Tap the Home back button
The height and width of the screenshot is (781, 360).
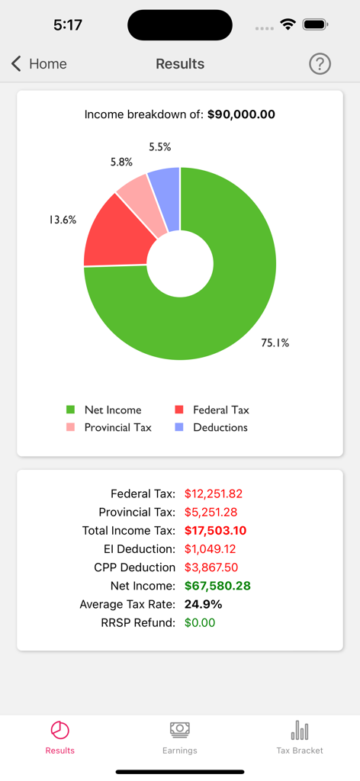click(x=39, y=64)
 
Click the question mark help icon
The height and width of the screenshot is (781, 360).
click(x=320, y=64)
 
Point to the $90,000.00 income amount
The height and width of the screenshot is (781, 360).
click(x=241, y=115)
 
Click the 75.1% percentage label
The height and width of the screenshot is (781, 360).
click(x=275, y=343)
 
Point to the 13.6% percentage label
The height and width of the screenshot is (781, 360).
click(x=62, y=220)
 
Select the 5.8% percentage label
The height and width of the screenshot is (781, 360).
click(x=121, y=162)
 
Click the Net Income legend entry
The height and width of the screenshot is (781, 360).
click(x=104, y=410)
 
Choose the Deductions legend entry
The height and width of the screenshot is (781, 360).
click(x=211, y=427)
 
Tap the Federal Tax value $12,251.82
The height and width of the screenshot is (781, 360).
click(x=214, y=493)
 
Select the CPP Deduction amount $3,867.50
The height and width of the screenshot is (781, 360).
click(x=211, y=567)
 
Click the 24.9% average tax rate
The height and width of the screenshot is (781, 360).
click(x=203, y=604)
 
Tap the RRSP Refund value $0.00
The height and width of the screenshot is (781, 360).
click(x=200, y=622)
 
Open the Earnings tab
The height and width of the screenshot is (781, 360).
click(x=180, y=737)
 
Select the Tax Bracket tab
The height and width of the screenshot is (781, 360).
click(x=300, y=737)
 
